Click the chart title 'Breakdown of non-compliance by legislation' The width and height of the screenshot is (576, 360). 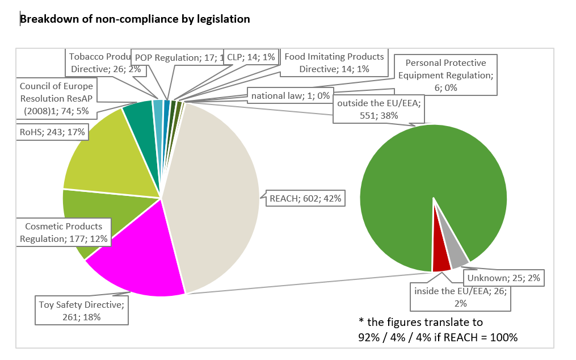click(x=135, y=19)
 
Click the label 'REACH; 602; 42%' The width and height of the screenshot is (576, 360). click(x=306, y=198)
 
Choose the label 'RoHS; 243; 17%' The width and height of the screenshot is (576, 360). click(x=52, y=132)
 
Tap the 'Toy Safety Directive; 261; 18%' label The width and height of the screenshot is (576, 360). click(x=82, y=311)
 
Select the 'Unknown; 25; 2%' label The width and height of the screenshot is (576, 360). click(x=504, y=278)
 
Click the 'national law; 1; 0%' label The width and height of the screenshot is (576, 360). click(x=291, y=96)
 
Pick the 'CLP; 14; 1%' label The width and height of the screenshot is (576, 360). click(x=250, y=57)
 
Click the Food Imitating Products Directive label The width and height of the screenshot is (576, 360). click(x=334, y=62)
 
